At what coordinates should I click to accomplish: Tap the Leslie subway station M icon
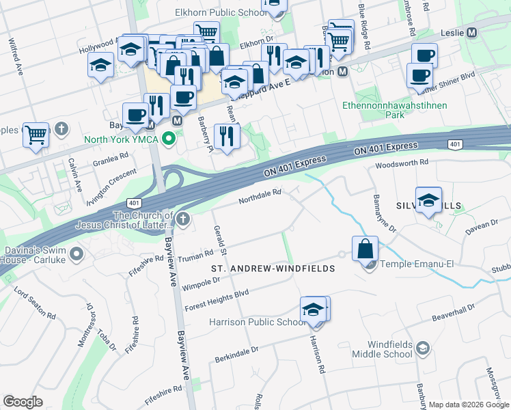(472, 33)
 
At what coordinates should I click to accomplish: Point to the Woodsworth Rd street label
(402, 164)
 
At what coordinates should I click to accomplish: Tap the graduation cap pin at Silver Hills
(428, 200)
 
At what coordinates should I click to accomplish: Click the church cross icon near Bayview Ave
(182, 219)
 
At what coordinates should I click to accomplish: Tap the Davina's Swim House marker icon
(75, 254)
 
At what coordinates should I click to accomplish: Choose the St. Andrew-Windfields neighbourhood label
(273, 269)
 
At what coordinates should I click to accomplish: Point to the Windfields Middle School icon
(423, 348)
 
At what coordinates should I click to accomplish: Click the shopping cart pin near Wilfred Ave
(36, 135)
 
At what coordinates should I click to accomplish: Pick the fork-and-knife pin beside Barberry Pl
(227, 136)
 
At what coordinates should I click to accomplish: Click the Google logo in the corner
(23, 402)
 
